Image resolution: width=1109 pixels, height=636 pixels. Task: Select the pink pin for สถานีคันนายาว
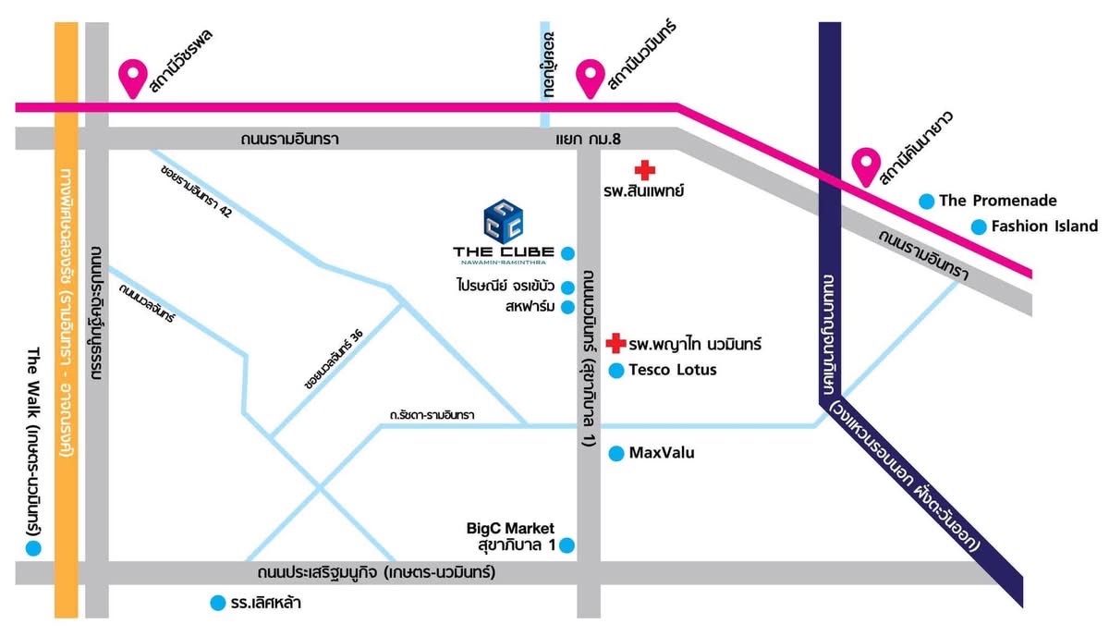coord(866,167)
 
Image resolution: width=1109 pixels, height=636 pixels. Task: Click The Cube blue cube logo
coord(504,222)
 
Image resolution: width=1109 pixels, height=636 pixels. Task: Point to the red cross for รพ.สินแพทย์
coord(645,170)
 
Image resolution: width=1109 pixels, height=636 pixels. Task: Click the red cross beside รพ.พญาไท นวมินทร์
coord(615,343)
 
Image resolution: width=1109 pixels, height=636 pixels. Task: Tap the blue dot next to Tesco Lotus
coord(615,371)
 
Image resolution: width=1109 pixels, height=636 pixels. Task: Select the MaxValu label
coord(662,453)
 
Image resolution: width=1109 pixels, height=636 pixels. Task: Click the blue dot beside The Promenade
coord(927,202)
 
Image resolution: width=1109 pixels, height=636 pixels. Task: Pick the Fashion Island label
coord(1044,226)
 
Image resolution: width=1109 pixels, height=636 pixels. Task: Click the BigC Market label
coord(510,528)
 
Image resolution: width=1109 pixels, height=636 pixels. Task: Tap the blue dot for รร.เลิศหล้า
coord(218,603)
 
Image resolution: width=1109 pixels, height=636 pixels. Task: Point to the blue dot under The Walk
coord(33,548)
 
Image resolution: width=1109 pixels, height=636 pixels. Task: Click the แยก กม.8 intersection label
coord(588,139)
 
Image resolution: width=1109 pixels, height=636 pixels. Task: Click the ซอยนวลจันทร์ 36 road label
coord(335,359)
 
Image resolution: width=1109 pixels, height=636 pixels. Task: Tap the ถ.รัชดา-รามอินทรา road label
coord(432,414)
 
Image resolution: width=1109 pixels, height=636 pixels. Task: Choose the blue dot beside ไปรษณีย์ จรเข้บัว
coord(567,287)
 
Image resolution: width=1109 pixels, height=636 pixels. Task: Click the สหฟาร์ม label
coord(530,307)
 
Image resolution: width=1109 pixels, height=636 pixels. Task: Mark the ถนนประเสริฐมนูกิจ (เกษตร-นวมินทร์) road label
coord(376,573)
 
